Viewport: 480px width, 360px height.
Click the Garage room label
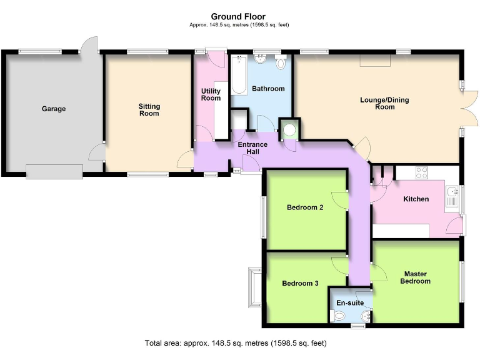[54, 109]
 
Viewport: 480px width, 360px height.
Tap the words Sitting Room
[149, 110]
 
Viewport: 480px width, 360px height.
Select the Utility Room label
[211, 94]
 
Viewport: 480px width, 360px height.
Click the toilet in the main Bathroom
[281, 64]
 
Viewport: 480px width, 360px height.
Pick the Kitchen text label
[416, 199]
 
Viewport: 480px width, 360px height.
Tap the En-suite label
[349, 303]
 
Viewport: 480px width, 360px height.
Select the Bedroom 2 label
[304, 208]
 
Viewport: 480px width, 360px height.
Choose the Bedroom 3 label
[300, 283]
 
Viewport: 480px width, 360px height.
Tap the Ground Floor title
[237, 17]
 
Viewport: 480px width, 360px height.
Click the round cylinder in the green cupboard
[289, 131]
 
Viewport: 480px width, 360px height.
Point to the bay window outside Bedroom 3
[254, 287]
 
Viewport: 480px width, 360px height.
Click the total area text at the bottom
[236, 344]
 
